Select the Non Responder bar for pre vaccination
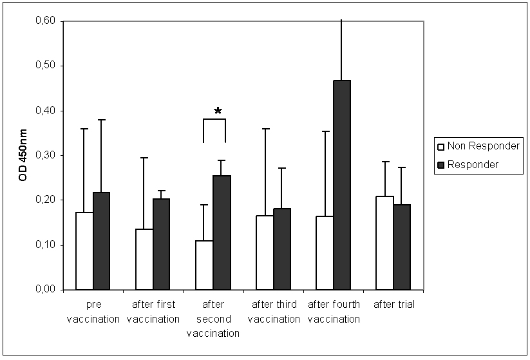85,251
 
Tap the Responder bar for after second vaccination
222,232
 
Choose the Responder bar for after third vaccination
281,249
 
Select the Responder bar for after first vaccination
161,244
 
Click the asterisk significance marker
218,112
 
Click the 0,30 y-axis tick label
45,155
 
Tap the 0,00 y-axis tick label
45,290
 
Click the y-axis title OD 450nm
23,155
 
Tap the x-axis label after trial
393,305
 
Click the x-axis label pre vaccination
93,312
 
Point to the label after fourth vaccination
334,312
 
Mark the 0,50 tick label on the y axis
45,66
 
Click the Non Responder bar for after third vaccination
265,252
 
